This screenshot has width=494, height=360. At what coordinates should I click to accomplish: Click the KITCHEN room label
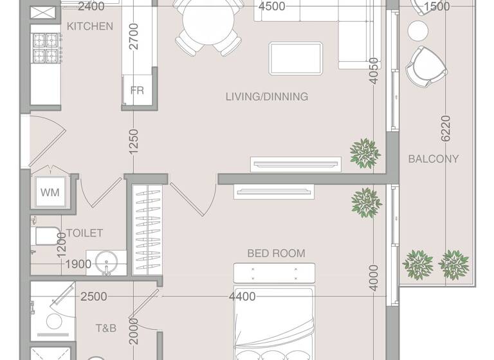coord(90,26)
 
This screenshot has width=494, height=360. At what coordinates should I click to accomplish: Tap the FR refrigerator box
coord(137,91)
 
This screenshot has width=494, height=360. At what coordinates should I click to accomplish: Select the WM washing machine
coord(50,192)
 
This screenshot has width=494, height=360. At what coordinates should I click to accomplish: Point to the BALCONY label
coord(434,159)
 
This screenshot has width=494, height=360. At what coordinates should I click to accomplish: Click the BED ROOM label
coord(276,253)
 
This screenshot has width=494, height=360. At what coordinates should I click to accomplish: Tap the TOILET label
coord(84,233)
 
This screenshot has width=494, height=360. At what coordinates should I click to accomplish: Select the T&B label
coord(106,328)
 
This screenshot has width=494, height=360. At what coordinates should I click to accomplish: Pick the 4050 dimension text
coord(373,80)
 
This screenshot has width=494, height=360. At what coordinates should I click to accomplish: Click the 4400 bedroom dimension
coord(242,296)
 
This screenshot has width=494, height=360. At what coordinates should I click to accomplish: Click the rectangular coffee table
coord(297,57)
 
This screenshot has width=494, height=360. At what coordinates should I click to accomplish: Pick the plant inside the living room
coord(364,152)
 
